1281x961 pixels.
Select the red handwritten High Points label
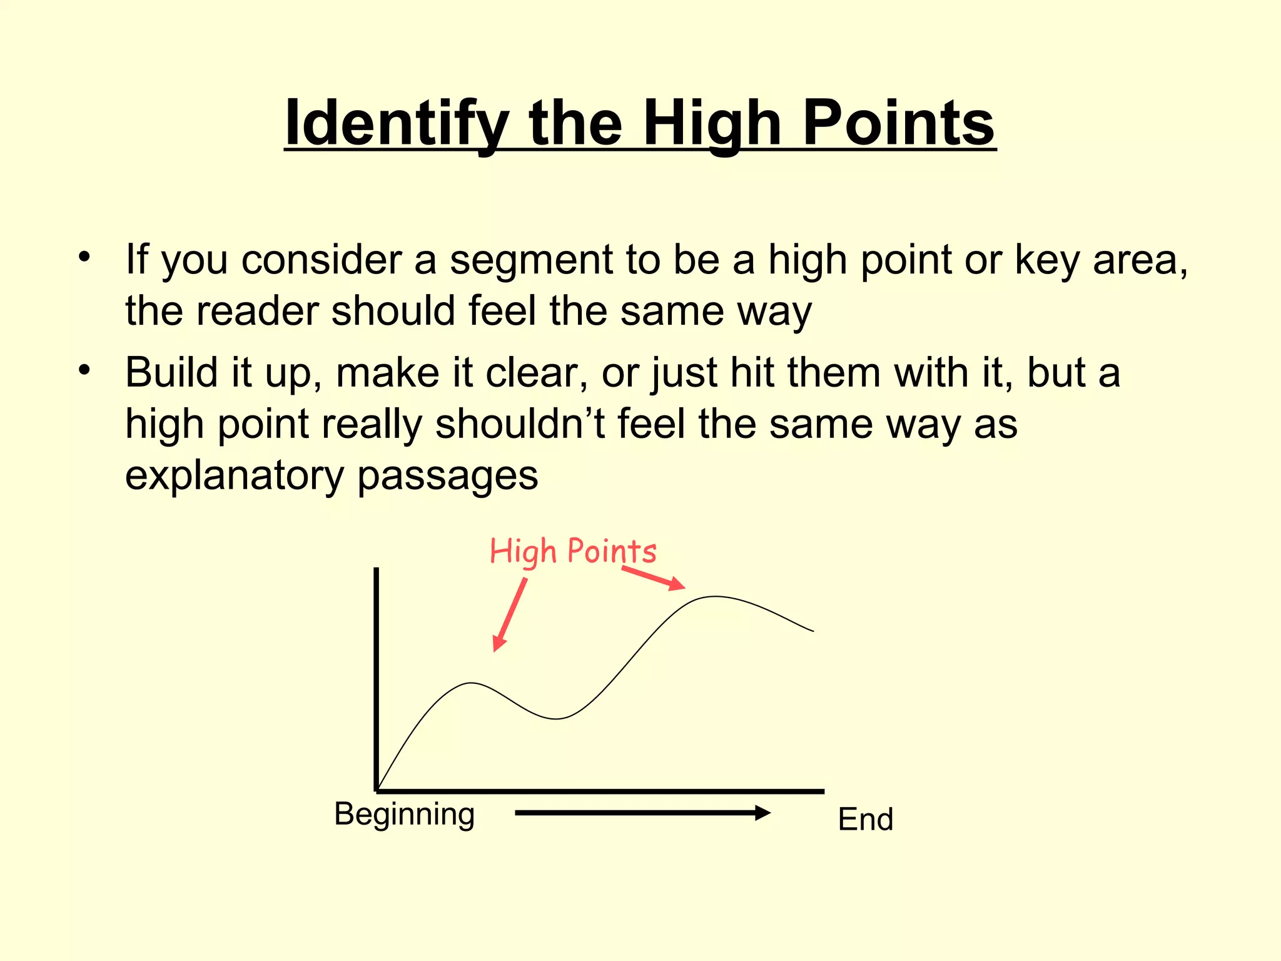coord(572,551)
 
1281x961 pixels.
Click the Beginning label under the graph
coord(404,815)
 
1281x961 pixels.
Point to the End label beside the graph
coord(865,819)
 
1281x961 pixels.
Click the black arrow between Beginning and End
coord(642,813)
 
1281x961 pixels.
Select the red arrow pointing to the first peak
coord(510,614)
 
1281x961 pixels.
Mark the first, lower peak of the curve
coord(472,683)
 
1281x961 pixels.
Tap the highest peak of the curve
coord(714,597)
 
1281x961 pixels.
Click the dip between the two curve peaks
coord(555,719)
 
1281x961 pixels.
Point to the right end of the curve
coord(813,631)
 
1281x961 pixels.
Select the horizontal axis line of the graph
coord(600,791)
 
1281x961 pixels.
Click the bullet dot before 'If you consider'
coord(84,257)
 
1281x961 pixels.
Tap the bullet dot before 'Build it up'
coord(84,370)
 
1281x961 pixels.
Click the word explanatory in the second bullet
coord(235,475)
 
